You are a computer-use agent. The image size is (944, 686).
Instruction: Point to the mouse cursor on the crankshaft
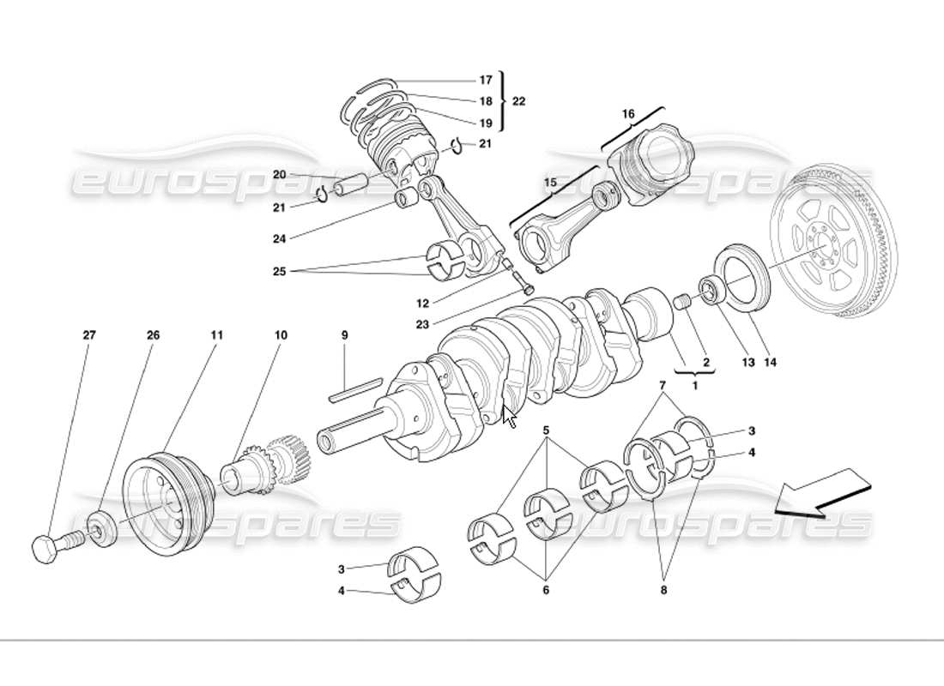(510, 418)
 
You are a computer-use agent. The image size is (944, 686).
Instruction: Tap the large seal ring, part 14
(742, 274)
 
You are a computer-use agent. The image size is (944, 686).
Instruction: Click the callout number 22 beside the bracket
(518, 101)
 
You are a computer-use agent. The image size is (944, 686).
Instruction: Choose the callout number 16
(628, 113)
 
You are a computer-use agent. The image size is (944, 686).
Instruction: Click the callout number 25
(280, 271)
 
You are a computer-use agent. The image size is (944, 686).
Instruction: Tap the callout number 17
(486, 80)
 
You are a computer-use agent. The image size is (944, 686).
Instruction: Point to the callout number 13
(747, 363)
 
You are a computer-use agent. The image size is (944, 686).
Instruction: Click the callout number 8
(663, 590)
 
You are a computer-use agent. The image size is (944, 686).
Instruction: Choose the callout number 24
(280, 238)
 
